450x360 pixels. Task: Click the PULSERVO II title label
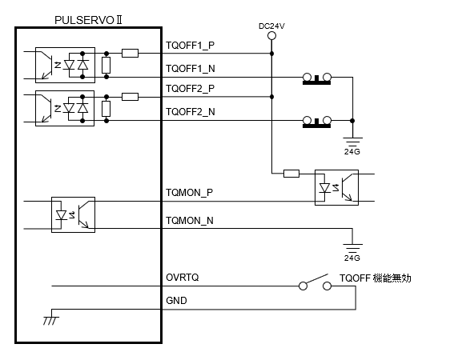pyautogui.click(x=88, y=20)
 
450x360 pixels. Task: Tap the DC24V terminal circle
pyautogui.click(x=271, y=36)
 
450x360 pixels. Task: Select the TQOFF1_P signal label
pyautogui.click(x=190, y=46)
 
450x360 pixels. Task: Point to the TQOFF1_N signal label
pyautogui.click(x=191, y=69)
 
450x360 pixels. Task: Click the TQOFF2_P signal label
pyautogui.click(x=190, y=89)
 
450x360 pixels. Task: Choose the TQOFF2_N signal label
pyautogui.click(x=191, y=112)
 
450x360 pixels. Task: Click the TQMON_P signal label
pyautogui.click(x=190, y=193)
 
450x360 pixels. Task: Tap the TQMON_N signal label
pyautogui.click(x=190, y=221)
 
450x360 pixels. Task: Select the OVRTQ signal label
pyautogui.click(x=183, y=278)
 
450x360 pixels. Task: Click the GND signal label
pyautogui.click(x=176, y=300)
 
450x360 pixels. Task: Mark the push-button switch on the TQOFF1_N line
pyautogui.click(x=317, y=79)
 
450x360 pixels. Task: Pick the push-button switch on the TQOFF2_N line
pyautogui.click(x=317, y=122)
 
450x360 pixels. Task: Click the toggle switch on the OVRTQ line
pyautogui.click(x=315, y=282)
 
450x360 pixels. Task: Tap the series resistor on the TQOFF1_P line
pyautogui.click(x=130, y=54)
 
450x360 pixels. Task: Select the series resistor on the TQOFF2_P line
pyautogui.click(x=130, y=97)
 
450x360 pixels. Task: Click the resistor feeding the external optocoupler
pyautogui.click(x=291, y=174)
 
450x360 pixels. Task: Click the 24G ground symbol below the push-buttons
pyautogui.click(x=352, y=142)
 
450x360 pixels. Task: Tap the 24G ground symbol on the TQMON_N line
pyautogui.click(x=352, y=249)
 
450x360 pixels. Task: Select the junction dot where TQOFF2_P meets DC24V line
pyautogui.click(x=271, y=97)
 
